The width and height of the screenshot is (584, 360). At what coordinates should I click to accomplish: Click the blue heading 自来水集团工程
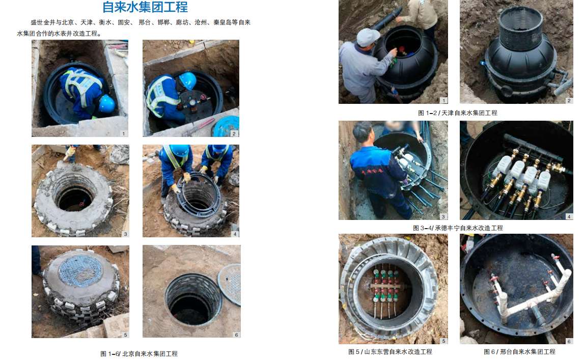(145, 7)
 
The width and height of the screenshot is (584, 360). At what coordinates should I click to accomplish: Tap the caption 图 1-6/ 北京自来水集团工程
(139, 354)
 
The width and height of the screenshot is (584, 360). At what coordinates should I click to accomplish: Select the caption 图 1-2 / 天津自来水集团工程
(457, 113)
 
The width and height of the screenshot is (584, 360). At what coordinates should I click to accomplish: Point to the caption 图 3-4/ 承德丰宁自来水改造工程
(458, 228)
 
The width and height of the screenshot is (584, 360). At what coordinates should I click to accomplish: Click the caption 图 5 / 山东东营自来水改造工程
(390, 351)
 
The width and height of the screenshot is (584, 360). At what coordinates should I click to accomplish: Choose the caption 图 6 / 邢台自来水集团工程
(519, 351)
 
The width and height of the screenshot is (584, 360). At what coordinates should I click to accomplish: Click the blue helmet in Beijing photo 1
(107, 103)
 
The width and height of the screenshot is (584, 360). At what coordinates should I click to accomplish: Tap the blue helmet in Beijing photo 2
(188, 80)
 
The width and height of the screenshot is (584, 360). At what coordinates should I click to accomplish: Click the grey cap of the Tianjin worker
(367, 37)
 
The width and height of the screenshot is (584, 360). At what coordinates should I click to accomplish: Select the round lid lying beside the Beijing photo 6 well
(230, 284)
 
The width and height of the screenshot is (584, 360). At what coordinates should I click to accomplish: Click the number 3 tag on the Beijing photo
(126, 234)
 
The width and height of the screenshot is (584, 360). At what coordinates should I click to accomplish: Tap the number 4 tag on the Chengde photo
(569, 217)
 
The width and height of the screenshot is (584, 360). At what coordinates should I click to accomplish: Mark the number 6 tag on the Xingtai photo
(569, 341)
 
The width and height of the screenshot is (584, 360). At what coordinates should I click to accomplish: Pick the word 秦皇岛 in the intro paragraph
(223, 22)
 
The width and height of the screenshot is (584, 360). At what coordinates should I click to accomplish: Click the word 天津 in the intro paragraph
(87, 22)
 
